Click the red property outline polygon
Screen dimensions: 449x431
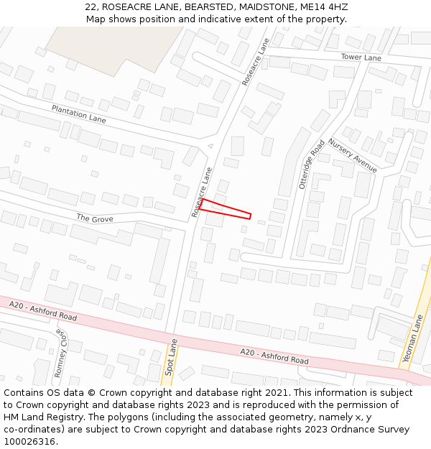(225, 208)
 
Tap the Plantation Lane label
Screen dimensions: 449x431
(78, 114)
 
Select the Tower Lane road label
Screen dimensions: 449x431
(361, 57)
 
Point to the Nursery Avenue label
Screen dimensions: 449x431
(353, 155)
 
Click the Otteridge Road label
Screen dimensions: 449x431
(312, 165)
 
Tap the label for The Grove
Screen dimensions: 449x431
(95, 218)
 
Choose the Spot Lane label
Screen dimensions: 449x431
(170, 358)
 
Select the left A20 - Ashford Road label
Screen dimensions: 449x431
(43, 311)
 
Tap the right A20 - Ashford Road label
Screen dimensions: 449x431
(274, 355)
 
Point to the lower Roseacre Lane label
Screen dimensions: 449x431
(202, 192)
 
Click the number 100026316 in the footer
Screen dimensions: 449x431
(29, 441)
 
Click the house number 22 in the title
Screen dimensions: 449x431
(90, 7)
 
